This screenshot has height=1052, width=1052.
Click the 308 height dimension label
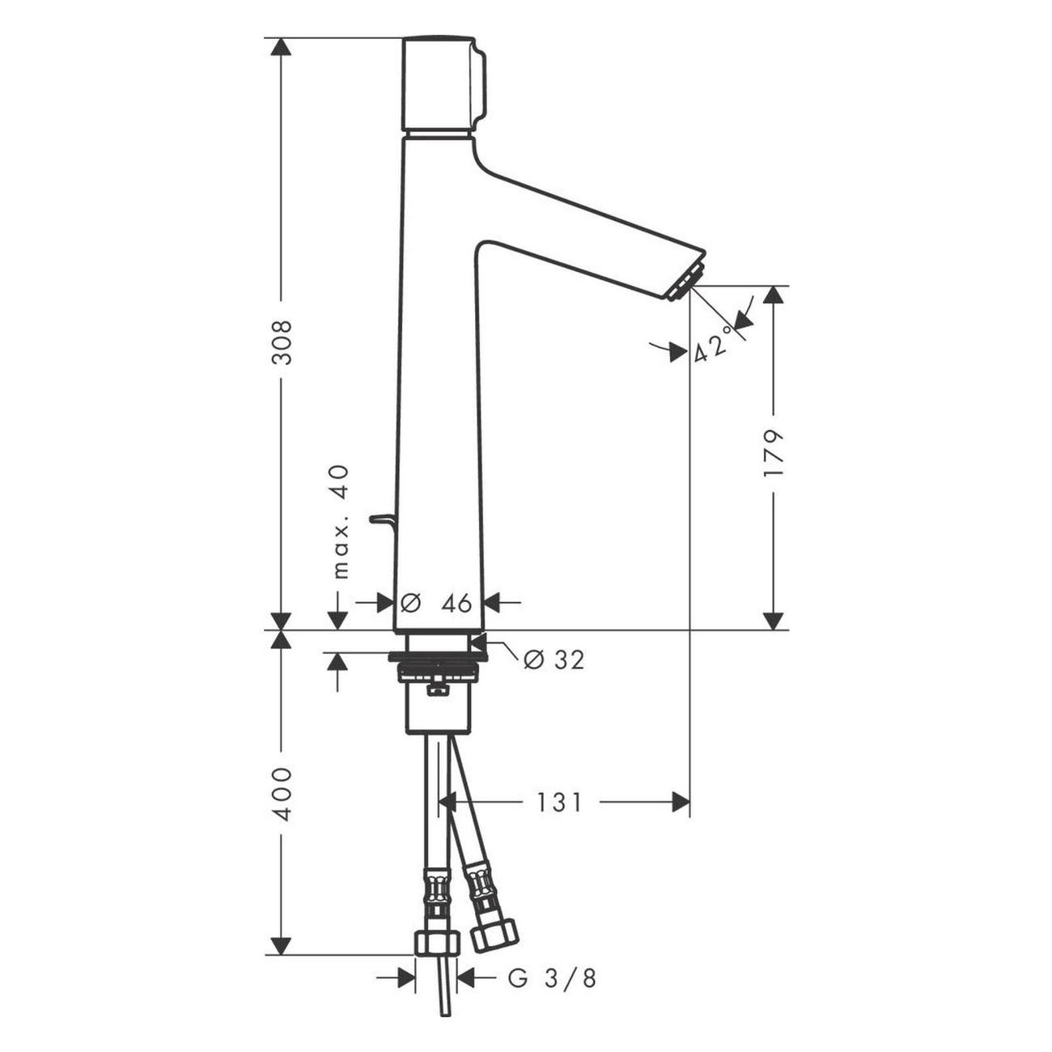click(x=282, y=342)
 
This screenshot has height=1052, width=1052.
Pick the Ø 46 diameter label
click(x=435, y=603)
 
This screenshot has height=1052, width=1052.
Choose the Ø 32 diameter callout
click(x=554, y=660)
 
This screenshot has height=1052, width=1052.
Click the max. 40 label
click(x=341, y=522)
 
